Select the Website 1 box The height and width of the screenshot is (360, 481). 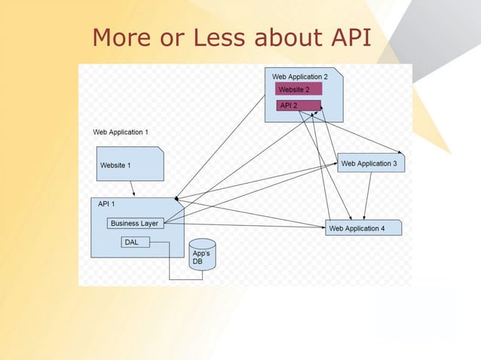coord(130,164)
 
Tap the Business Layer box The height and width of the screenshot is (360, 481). coord(135,223)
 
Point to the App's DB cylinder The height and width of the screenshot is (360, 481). coord(201,258)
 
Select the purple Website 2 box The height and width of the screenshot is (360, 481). coord(299,90)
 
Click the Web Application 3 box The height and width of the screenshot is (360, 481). coord(371,163)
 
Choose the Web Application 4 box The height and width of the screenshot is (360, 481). coord(363,228)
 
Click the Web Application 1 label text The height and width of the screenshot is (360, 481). coord(121,132)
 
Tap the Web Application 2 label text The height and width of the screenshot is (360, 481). coord(300,77)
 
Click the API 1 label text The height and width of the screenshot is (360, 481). coord(106,204)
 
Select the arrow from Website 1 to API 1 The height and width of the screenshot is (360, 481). coord(132,189)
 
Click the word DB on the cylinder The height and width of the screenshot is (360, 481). coord(198,261)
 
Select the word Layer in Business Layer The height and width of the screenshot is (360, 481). coord(149,223)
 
